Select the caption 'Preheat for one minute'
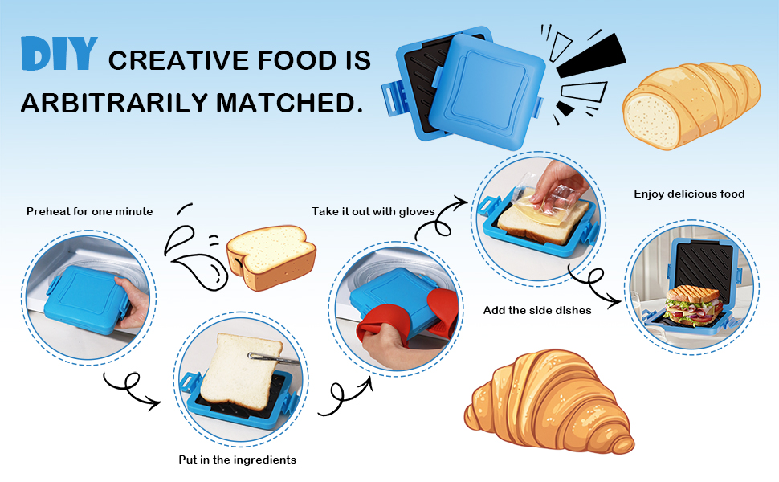(x=89, y=211)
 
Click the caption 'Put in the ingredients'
(x=237, y=460)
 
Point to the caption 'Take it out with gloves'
(x=373, y=211)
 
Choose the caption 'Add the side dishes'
(x=537, y=310)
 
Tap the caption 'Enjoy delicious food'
(x=689, y=194)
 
